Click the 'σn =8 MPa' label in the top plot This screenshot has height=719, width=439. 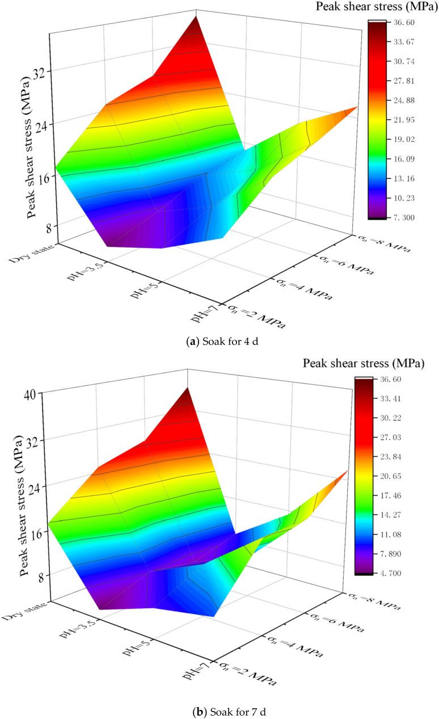tap(382, 241)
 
